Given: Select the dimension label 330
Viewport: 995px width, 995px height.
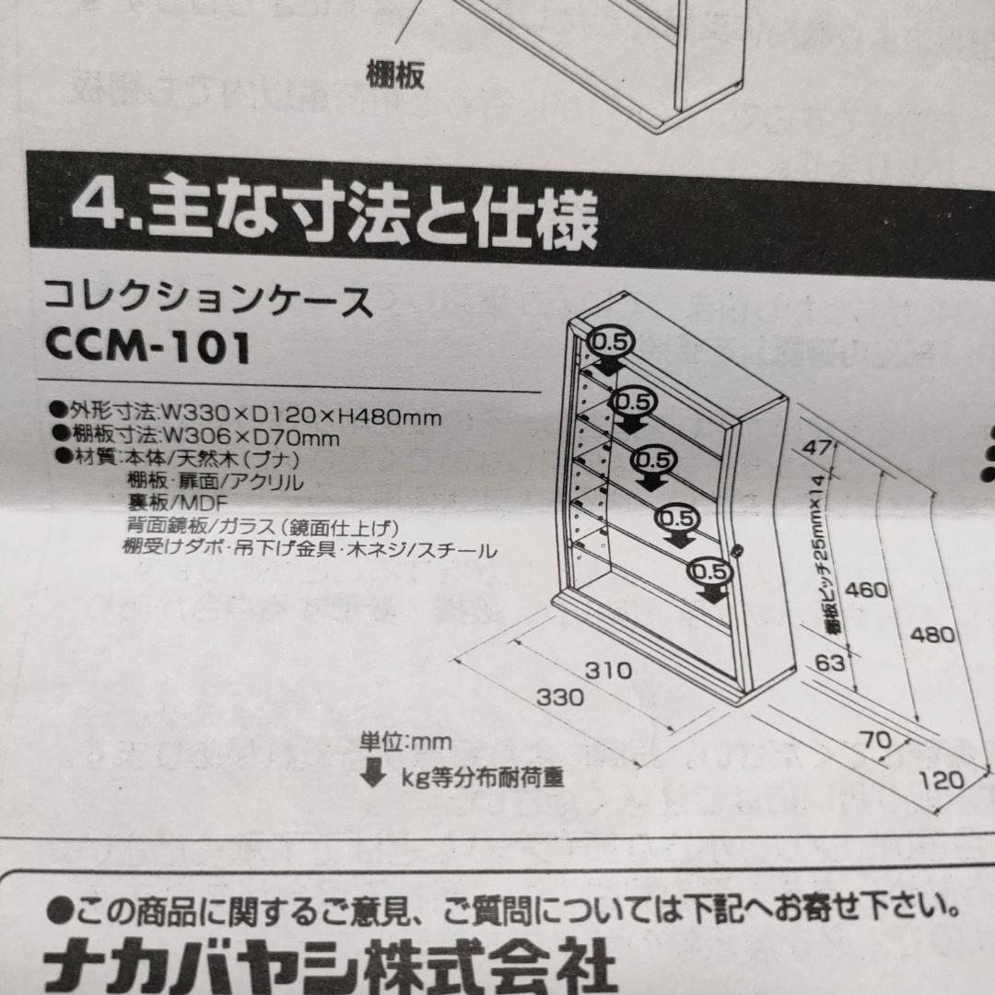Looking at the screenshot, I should [x=561, y=697].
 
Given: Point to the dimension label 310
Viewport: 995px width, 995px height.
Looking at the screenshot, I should [x=608, y=670].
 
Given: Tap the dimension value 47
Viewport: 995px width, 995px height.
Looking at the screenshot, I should [x=814, y=449].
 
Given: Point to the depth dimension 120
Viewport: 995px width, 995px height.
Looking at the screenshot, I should [x=942, y=781].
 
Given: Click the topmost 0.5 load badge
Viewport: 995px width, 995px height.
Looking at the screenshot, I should [x=608, y=342].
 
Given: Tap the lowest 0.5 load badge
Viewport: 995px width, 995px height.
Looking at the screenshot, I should [x=707, y=572].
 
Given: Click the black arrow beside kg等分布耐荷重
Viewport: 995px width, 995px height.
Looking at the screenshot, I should [x=373, y=773].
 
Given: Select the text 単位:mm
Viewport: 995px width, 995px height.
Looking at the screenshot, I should [x=406, y=740].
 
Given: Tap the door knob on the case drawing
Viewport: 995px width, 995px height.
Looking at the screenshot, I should [x=737, y=551].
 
